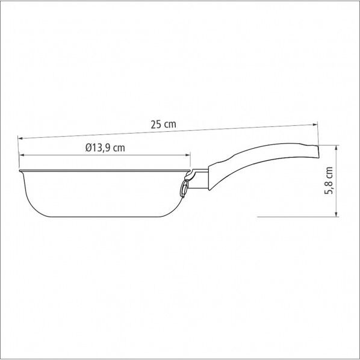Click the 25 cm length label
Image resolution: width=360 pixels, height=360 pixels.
[163, 125]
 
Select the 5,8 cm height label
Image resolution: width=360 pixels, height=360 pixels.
[328, 180]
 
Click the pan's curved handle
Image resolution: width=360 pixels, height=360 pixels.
[259, 159]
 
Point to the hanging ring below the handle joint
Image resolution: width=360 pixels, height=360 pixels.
[182, 189]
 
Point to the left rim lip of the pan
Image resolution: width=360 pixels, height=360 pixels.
[20, 173]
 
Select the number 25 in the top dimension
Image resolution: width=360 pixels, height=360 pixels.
[155, 125]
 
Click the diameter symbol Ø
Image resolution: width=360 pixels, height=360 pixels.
[88, 147]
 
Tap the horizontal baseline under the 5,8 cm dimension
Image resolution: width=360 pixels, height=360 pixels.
[295, 216]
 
